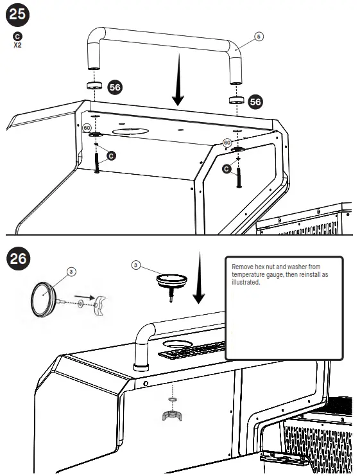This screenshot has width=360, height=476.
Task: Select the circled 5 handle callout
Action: click(x=258, y=37)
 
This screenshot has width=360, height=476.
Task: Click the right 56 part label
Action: click(x=255, y=101)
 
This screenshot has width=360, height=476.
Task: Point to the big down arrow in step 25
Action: click(x=178, y=90)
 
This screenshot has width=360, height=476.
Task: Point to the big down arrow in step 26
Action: click(x=198, y=279)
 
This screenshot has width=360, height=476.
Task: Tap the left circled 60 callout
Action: click(x=87, y=128)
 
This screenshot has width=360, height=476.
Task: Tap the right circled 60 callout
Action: click(x=227, y=142)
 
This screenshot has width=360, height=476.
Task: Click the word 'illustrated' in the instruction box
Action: click(x=246, y=281)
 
